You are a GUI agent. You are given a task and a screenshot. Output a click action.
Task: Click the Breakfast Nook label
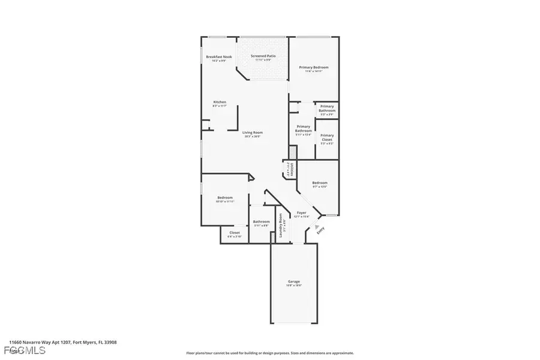click(x=218, y=56)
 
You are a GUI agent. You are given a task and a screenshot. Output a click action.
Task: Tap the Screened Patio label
click(x=263, y=56)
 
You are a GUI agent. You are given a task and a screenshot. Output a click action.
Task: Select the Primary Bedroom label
click(x=314, y=67)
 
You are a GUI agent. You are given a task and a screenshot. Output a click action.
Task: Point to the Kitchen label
click(x=220, y=102)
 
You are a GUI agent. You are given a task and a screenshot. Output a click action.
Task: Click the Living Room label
click(x=253, y=133)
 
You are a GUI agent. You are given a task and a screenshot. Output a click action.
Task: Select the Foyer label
click(x=301, y=212)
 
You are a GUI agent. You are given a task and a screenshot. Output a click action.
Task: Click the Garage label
click(x=293, y=281)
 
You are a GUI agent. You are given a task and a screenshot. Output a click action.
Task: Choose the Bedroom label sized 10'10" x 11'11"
click(x=224, y=197)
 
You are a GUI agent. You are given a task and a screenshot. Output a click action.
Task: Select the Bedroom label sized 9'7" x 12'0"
click(x=320, y=183)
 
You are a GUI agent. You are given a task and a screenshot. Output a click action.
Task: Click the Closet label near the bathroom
click(x=235, y=232)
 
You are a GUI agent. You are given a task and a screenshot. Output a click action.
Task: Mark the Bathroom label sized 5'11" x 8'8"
click(x=261, y=221)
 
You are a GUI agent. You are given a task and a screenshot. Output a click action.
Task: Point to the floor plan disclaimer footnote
click(x=270, y=353)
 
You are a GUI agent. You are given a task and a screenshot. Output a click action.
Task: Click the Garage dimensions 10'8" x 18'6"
click(x=293, y=286)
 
